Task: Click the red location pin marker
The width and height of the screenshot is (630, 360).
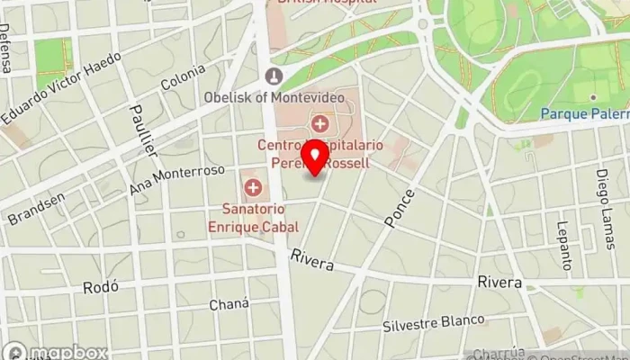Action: click(x=316, y=157)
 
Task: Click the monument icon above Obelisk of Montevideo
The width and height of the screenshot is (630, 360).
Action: click(x=274, y=76)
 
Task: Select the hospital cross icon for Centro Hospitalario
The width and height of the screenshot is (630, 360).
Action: click(x=319, y=123)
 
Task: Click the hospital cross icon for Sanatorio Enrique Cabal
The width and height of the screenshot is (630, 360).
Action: click(x=254, y=189)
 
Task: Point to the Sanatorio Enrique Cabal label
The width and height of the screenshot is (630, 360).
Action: click(x=255, y=217)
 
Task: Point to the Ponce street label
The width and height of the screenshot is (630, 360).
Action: click(x=400, y=208)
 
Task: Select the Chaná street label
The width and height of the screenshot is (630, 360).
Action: click(x=229, y=304)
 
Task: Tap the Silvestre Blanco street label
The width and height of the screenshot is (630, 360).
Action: click(x=433, y=322)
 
